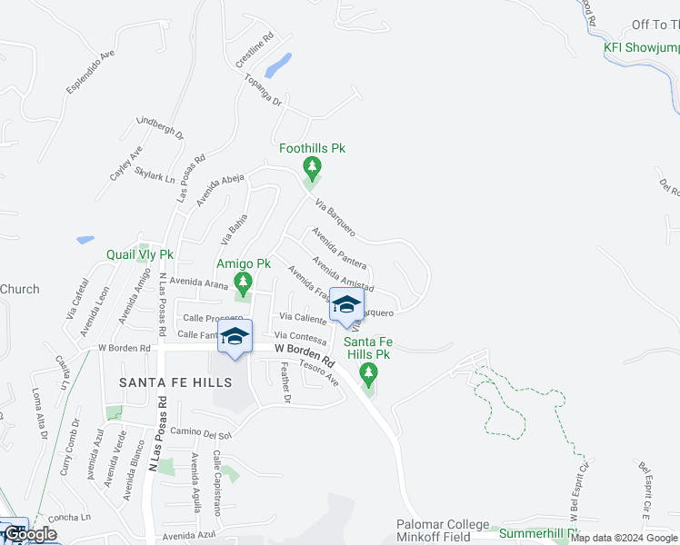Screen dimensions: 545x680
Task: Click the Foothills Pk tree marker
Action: point(312,166)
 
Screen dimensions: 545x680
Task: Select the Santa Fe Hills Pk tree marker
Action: point(368,372)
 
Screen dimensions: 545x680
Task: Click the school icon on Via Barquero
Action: point(346,306)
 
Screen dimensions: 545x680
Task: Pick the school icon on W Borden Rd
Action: point(235,337)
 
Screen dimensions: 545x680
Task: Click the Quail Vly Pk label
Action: point(139,255)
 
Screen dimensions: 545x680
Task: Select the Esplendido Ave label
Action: point(90,71)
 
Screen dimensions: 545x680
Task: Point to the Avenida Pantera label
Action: point(338,248)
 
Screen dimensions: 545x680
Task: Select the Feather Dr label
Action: point(285,382)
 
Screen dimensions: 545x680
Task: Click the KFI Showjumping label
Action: point(642,47)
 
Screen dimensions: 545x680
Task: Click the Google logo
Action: point(30,535)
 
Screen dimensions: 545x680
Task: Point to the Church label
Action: point(19,289)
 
